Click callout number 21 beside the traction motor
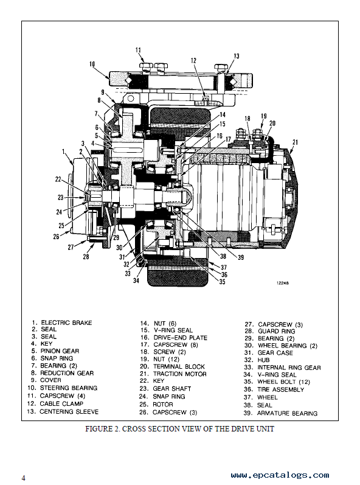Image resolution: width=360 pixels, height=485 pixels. (295, 142)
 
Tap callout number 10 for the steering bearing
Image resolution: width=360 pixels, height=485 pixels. (92, 64)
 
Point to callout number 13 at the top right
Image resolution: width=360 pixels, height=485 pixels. (236, 56)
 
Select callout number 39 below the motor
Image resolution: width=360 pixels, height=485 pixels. (240, 257)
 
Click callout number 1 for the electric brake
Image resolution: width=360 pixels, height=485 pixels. (63, 152)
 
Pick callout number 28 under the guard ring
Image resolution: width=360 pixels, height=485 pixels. (86, 256)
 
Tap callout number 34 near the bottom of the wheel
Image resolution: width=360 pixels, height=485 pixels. (136, 281)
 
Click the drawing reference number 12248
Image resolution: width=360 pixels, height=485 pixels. (283, 283)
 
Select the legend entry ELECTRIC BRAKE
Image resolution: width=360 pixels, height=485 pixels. (66, 323)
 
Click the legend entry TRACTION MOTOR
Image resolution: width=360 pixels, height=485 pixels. (180, 374)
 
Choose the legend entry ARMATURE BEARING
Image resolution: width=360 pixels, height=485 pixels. (287, 413)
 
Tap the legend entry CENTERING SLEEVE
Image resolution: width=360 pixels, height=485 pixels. (69, 412)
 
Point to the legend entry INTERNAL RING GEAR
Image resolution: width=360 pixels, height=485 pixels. (289, 368)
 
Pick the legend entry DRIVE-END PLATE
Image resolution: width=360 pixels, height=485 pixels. (180, 338)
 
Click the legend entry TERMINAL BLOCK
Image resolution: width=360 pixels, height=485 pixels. (179, 366)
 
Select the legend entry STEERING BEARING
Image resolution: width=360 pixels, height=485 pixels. (69, 388)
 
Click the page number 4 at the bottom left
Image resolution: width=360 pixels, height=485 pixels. (24, 478)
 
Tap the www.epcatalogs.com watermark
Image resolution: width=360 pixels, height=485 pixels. (280, 475)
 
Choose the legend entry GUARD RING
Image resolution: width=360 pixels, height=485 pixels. (277, 331)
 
